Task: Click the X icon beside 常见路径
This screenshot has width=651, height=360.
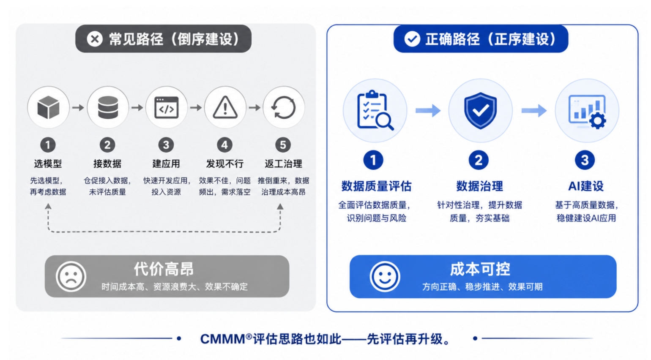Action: tap(95, 39)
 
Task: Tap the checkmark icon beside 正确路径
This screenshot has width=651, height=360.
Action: tap(412, 39)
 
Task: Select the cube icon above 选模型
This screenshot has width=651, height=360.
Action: tap(48, 107)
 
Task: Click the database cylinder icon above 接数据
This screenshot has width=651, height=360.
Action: tap(108, 107)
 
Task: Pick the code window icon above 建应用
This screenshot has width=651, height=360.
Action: tap(167, 107)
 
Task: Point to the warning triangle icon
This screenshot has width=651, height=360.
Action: tap(225, 107)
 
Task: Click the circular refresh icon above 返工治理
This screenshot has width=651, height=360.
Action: tap(284, 107)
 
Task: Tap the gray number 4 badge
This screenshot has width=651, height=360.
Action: tap(224, 145)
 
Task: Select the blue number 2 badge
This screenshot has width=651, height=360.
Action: tap(479, 160)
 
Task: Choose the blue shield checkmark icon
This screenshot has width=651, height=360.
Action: tap(480, 110)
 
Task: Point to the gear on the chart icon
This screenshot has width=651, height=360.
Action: tap(598, 120)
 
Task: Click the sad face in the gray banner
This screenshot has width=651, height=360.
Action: tap(71, 276)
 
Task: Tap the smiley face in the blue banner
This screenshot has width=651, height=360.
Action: tap(385, 276)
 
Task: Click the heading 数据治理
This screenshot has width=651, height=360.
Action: tap(479, 186)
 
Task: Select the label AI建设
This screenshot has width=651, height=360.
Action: tap(586, 186)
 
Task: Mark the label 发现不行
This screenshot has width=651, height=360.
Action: tap(224, 164)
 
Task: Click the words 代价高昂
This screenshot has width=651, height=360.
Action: tap(164, 269)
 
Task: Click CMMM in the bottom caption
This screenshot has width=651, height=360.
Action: tap(223, 339)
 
